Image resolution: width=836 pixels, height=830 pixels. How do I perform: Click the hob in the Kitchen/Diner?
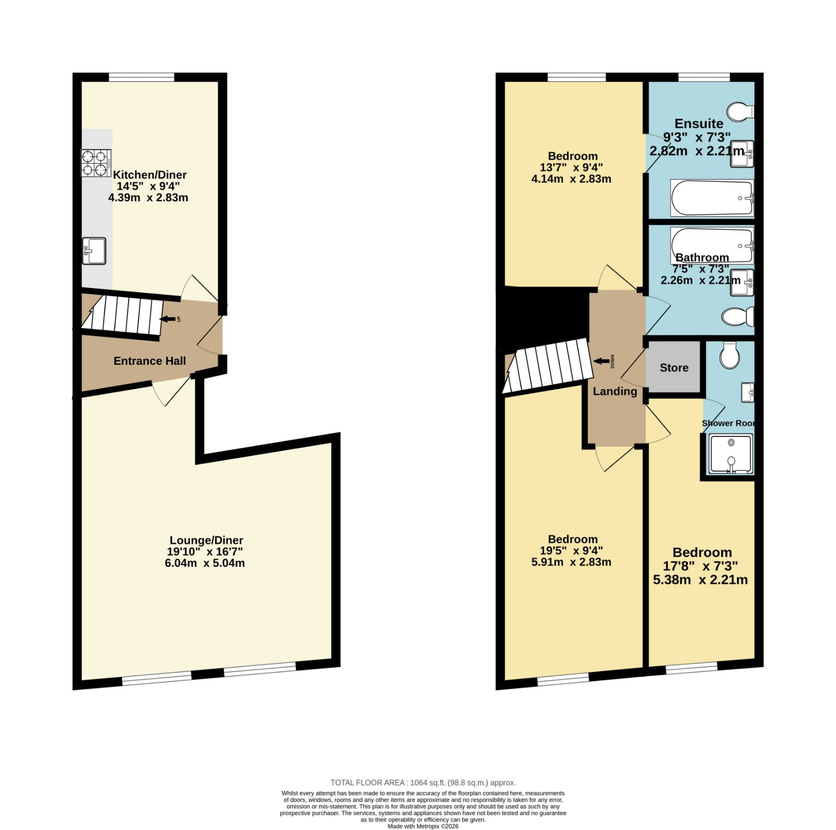tap(96, 163)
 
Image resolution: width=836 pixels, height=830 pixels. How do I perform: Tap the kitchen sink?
tap(94, 251)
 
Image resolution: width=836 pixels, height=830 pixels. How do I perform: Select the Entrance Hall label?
tap(150, 361)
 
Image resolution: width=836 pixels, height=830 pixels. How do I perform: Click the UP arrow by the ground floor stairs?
tap(168, 319)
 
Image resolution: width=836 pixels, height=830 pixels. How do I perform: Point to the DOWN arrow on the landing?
tap(601, 361)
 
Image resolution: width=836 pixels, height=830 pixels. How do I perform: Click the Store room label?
tap(674, 367)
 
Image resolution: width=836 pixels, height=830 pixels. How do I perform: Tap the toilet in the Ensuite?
tap(740, 111)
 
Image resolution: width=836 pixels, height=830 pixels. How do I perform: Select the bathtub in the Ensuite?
tap(712, 198)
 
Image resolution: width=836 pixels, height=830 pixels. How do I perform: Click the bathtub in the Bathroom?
tap(712, 246)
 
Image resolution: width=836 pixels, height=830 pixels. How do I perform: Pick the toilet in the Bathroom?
tap(738, 316)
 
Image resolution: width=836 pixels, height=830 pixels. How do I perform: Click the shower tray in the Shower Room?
tap(731, 453)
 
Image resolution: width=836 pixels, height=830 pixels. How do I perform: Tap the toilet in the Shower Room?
tap(729, 355)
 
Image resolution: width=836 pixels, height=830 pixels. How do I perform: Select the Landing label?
tap(615, 391)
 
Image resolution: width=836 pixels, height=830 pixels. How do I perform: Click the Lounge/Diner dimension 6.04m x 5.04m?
tap(205, 563)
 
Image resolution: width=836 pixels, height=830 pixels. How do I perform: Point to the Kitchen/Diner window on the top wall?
tap(142, 77)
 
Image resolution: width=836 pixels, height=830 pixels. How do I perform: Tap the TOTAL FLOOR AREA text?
tap(423, 782)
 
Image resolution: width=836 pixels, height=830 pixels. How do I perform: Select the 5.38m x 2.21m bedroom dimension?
tap(700, 580)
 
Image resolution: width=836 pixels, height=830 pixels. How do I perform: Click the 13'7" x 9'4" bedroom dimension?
tap(571, 167)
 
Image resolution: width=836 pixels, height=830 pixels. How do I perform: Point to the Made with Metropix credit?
tap(423, 826)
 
